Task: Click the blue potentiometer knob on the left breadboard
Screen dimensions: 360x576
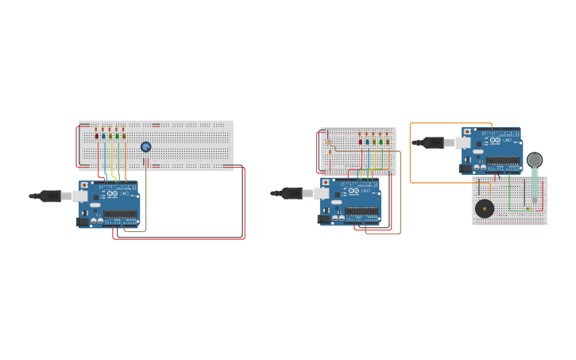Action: click(x=146, y=147)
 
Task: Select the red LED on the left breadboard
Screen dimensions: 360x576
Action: click(x=97, y=136)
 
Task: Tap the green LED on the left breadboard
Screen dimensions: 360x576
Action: click(x=117, y=136)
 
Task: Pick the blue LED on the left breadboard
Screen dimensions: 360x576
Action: click(x=103, y=136)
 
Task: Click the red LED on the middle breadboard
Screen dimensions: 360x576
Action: click(x=361, y=141)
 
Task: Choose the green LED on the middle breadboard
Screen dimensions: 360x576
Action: click(x=381, y=141)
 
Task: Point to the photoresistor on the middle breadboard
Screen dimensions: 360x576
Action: click(x=329, y=142)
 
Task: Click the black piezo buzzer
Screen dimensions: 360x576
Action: click(x=485, y=209)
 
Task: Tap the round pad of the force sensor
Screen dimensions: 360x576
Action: click(x=535, y=160)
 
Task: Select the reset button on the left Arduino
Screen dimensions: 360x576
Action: click(x=84, y=185)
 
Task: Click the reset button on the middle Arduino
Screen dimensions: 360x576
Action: click(x=326, y=183)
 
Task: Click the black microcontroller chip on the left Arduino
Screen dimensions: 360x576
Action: click(x=120, y=214)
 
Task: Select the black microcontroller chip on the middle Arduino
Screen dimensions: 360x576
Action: click(x=361, y=211)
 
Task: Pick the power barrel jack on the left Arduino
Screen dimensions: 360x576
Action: click(x=82, y=222)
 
